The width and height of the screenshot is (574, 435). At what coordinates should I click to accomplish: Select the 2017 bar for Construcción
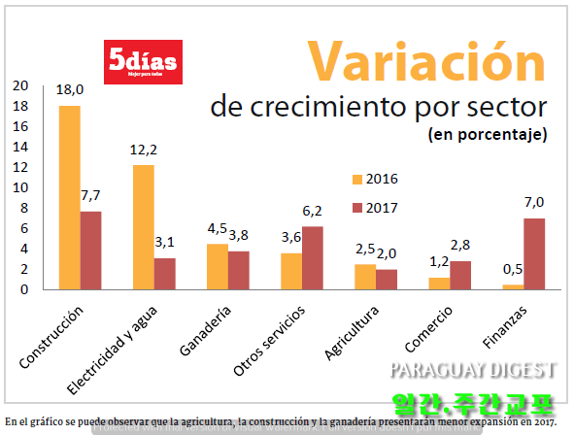(x=90, y=250)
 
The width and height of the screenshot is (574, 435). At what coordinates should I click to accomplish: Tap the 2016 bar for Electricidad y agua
(x=143, y=226)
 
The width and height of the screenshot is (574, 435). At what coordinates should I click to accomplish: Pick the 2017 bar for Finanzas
(x=534, y=253)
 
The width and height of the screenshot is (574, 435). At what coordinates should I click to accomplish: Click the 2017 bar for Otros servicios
(x=313, y=257)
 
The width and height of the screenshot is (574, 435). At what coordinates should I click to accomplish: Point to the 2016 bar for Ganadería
(x=217, y=266)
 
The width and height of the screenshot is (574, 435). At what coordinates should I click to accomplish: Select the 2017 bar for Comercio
(x=460, y=275)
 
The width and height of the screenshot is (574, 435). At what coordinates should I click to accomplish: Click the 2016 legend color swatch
(x=356, y=179)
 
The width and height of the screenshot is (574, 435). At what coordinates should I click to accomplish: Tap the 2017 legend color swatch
(x=356, y=207)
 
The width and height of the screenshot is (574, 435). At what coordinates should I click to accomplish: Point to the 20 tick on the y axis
(x=20, y=84)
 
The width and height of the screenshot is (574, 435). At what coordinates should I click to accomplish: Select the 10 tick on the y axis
(x=20, y=186)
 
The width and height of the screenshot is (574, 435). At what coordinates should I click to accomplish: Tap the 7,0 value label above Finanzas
(x=534, y=202)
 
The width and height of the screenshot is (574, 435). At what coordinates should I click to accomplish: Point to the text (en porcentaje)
(x=488, y=134)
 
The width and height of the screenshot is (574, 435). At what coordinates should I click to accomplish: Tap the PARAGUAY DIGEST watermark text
(x=473, y=370)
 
